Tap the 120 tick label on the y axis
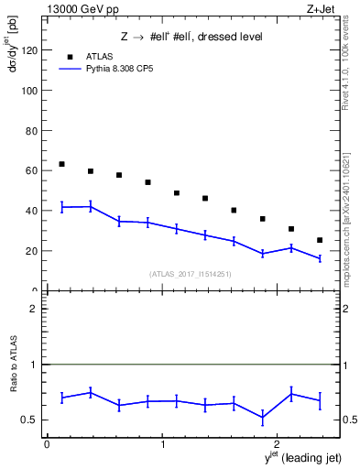pyautogui.click(x=31, y=51)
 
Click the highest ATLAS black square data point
pyautogui.click(x=61, y=164)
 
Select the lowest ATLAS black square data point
pyautogui.click(x=320, y=240)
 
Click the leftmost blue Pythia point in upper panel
pyautogui.click(x=61, y=207)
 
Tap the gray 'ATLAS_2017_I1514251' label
pyautogui.click(x=191, y=273)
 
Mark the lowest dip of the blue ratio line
pyautogui.click(x=263, y=418)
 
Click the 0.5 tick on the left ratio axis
pyautogui.click(x=32, y=420)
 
